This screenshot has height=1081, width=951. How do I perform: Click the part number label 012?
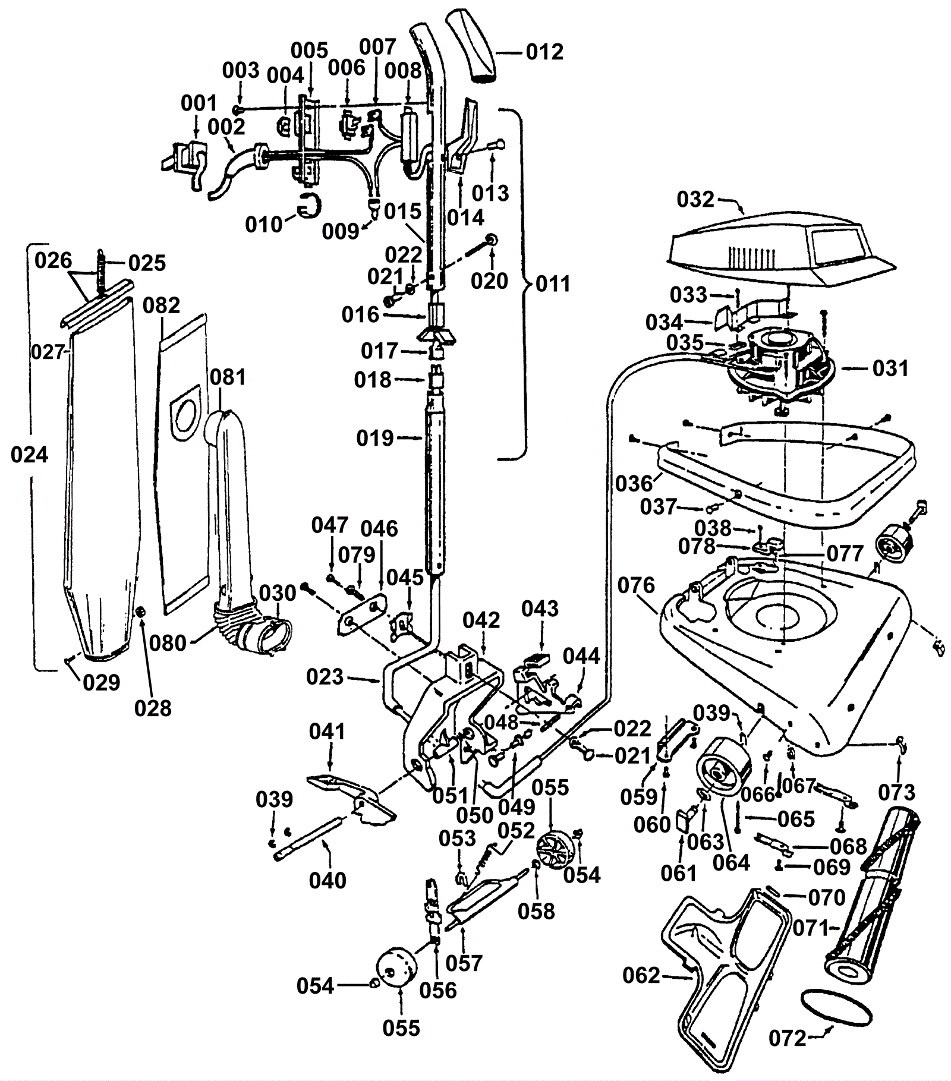tap(544, 52)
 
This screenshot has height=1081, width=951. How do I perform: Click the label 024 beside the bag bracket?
tap(29, 455)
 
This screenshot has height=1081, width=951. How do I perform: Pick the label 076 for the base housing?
tap(636, 585)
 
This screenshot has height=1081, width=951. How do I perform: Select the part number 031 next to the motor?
tap(890, 368)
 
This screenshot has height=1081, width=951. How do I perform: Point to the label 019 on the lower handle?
tap(375, 439)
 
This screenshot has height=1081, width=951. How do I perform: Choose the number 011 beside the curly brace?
tap(553, 284)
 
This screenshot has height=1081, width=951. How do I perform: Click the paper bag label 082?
tap(161, 305)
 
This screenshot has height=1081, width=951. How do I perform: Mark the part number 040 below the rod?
tap(328, 880)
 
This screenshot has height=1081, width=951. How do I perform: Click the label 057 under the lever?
tap(464, 963)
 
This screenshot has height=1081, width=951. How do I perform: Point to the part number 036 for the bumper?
tap(634, 484)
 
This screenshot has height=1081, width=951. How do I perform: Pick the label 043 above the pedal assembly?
tap(540, 609)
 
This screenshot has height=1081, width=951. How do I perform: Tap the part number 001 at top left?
tap(200, 104)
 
